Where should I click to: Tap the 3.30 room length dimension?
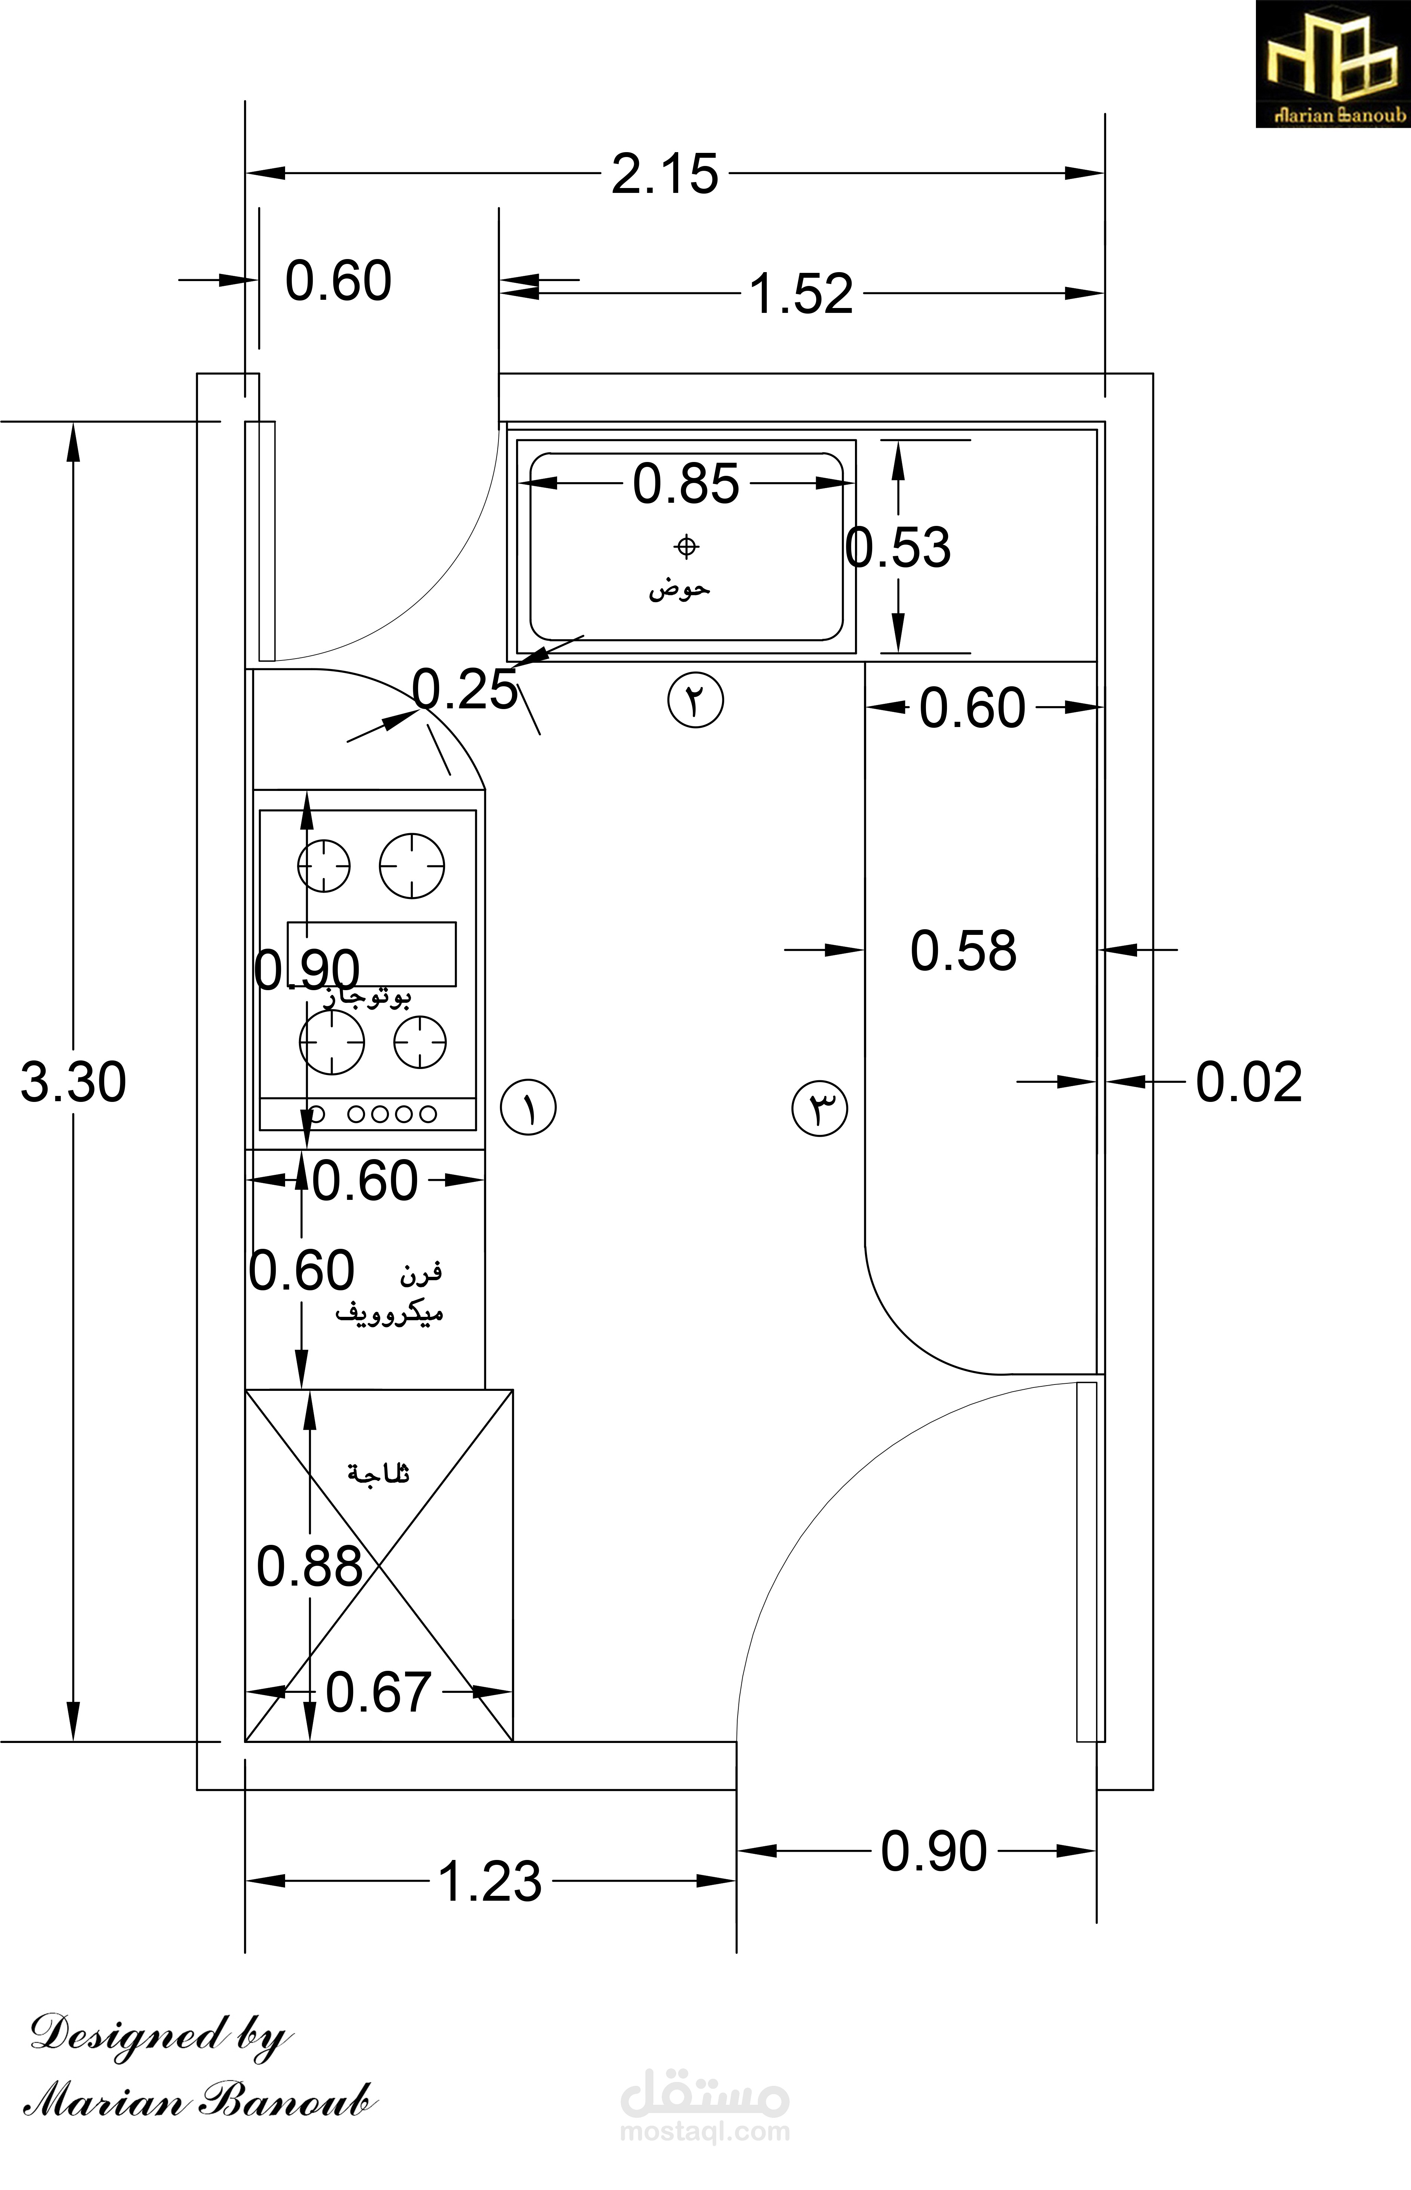73,1082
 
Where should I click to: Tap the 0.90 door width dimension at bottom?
934,1851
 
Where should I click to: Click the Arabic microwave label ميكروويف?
389,1313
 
